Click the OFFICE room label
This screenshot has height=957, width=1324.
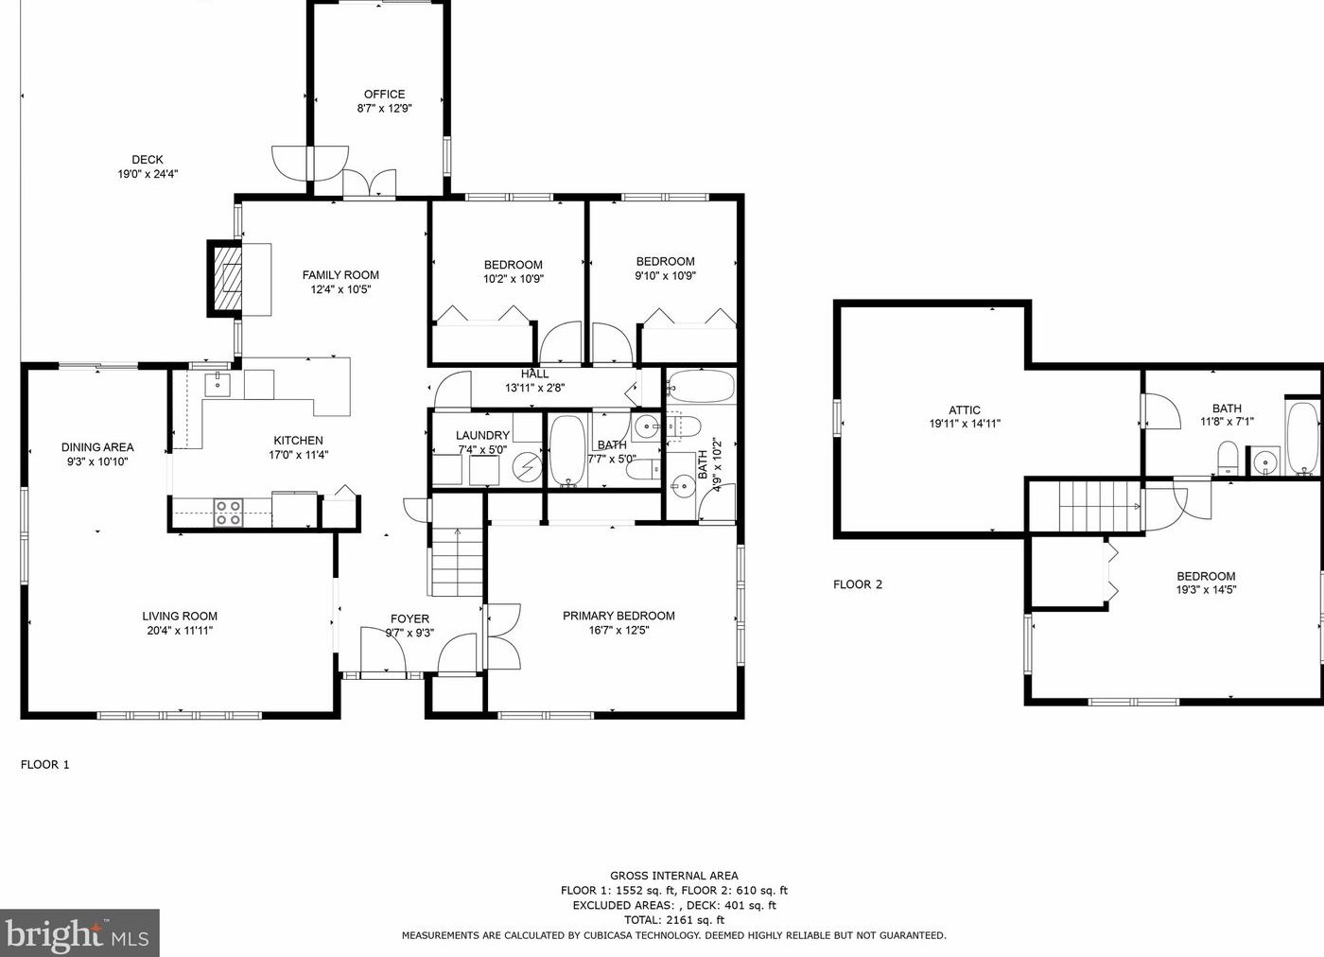(384, 94)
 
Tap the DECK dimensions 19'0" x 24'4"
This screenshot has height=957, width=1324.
(148, 174)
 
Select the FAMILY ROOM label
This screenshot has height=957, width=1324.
(340, 275)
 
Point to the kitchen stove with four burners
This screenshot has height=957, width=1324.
(228, 513)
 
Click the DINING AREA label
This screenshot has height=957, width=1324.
(97, 447)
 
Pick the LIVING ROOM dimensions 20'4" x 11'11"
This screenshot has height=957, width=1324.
(180, 630)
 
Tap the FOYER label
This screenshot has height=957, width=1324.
(409, 618)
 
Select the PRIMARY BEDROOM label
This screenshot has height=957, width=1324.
(618, 616)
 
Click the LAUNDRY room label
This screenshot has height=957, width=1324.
(482, 436)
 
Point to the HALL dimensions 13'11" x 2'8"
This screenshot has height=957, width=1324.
(535, 388)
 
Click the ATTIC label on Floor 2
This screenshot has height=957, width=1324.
(965, 409)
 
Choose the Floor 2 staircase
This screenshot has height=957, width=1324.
(1099, 507)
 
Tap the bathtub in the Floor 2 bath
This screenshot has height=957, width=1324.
(1302, 438)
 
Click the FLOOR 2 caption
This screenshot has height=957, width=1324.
(858, 584)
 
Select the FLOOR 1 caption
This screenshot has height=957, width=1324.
(45, 764)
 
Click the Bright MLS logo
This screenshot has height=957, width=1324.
(79, 932)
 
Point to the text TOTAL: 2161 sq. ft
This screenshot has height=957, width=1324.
(673, 920)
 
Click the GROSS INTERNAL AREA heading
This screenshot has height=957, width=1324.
(673, 876)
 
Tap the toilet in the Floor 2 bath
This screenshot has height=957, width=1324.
(1228, 457)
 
